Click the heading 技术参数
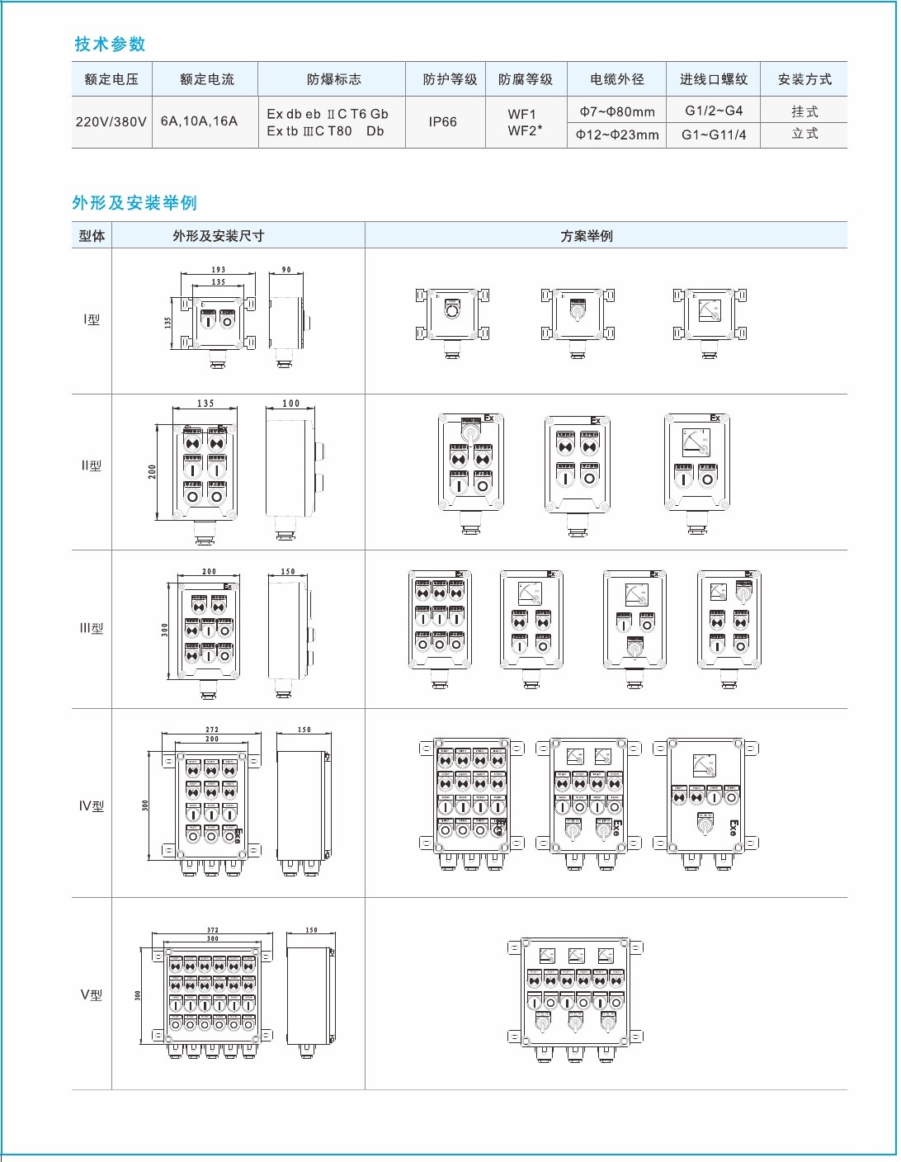110,44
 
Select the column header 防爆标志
333,79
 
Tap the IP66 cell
442,121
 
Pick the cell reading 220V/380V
111,121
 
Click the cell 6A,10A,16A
199,120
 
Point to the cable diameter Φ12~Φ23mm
617,135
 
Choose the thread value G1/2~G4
714,111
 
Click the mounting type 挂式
804,111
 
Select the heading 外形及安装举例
134,203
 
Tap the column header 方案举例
587,236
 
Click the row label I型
92,319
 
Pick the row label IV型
92,805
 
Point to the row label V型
92,994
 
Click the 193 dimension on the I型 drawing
218,270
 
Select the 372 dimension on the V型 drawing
213,930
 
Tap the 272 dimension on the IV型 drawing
212,730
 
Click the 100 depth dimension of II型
290,404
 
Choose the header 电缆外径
616,79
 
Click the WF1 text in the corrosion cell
522,114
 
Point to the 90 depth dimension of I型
286,270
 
